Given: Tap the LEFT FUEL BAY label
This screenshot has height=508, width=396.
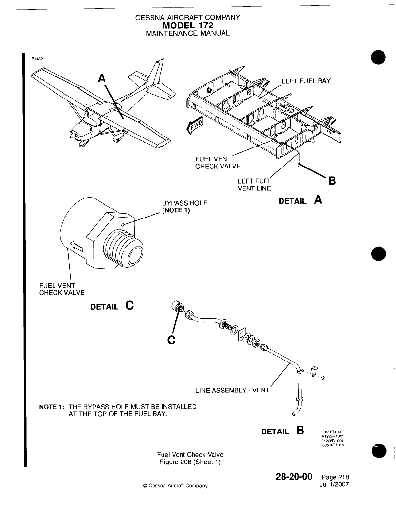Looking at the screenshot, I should pos(306,81).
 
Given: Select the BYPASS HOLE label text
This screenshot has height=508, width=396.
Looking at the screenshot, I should pos(184,203).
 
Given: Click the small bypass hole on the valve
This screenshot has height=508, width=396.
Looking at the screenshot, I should pos(123,225).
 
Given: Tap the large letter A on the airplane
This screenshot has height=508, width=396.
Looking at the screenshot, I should pos(102,78).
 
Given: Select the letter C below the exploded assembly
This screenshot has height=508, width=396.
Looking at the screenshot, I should pos(171,340).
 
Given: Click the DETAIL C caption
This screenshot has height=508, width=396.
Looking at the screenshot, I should pos(112,306).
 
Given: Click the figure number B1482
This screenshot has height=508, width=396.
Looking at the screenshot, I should pos(37,59).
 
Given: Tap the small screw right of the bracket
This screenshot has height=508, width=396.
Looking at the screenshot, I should pos(323,378).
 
